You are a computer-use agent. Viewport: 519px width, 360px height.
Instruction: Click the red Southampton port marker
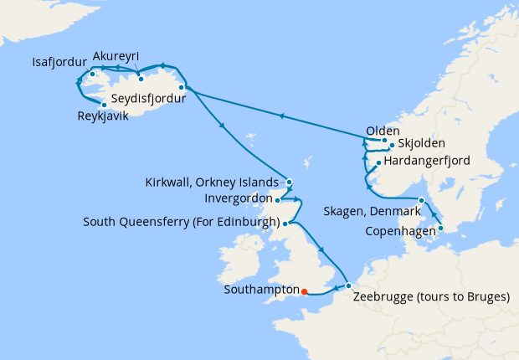coord(304,291)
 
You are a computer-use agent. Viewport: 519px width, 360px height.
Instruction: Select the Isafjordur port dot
coord(91,74)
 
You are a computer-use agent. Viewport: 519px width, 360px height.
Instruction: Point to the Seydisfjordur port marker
coord(181,86)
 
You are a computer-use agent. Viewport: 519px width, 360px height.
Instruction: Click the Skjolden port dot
coord(390,144)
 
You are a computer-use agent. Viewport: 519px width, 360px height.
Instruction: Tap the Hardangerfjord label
coord(428,160)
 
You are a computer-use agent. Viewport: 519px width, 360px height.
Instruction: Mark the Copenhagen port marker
coord(440,228)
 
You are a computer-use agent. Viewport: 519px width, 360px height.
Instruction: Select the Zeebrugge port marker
coord(348,286)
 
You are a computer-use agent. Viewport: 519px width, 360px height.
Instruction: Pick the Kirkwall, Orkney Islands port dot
coord(289,182)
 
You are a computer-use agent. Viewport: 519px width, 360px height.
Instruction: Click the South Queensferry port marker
coord(285,224)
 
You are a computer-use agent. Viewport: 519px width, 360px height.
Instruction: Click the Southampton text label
coord(262,291)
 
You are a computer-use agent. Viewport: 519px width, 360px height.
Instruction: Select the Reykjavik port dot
coord(104,105)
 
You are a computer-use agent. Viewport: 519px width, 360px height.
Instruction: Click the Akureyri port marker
coord(141,79)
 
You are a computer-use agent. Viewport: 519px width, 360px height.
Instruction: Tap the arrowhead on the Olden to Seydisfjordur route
coord(281,116)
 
